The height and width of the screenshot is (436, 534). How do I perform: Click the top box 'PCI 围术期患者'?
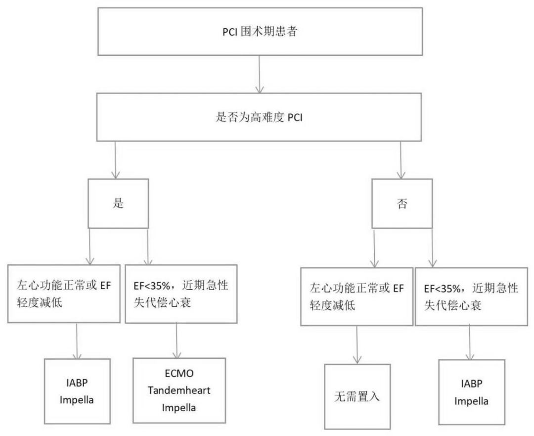click(x=260, y=31)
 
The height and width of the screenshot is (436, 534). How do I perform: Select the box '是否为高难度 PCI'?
click(x=259, y=117)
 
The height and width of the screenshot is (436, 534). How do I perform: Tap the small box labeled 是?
click(x=118, y=203)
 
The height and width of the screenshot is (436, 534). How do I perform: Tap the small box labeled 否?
click(x=402, y=203)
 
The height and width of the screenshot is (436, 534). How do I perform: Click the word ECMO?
click(x=179, y=373)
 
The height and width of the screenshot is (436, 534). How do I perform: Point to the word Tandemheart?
click(x=179, y=390)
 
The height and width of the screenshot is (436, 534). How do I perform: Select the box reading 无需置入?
click(x=357, y=396)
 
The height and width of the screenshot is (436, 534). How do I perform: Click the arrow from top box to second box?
click(x=260, y=74)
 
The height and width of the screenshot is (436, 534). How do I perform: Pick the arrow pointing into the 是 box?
click(x=115, y=160)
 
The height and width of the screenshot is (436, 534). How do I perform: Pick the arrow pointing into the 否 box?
click(x=401, y=160)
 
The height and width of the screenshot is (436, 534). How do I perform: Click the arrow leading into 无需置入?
click(x=357, y=344)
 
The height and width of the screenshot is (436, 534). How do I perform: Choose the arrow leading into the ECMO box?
click(x=177, y=340)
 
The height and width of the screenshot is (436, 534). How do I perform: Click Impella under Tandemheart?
click(x=179, y=408)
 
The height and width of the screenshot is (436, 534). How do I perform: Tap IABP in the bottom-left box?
click(x=77, y=383)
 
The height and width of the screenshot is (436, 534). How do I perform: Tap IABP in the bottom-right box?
click(x=472, y=384)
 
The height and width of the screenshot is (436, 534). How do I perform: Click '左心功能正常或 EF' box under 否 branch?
click(x=356, y=296)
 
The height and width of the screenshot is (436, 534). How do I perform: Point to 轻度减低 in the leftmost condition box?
click(x=40, y=302)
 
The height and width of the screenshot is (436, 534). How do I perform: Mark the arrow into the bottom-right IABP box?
click(x=470, y=342)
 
